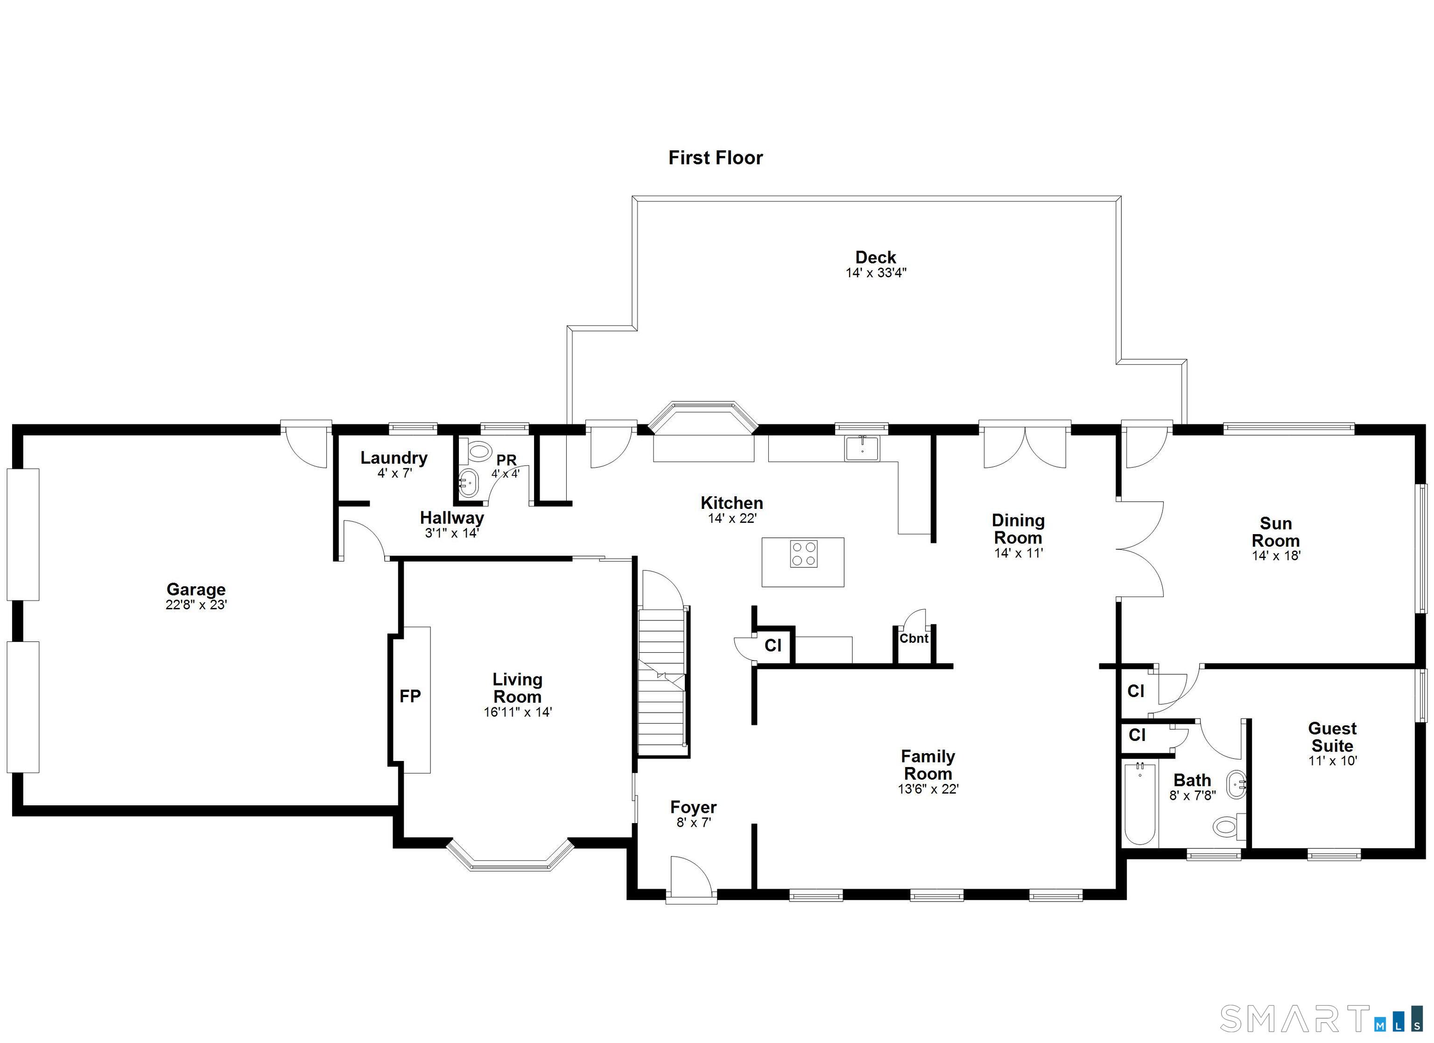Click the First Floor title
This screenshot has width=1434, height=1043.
tap(716, 157)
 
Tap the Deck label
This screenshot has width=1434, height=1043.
tap(876, 257)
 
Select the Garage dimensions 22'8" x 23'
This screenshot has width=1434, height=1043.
tap(196, 605)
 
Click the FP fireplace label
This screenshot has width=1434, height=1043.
tap(410, 697)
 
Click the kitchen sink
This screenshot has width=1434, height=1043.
tap(863, 449)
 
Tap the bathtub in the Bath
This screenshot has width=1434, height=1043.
tap(1141, 804)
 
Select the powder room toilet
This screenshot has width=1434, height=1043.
tap(478, 451)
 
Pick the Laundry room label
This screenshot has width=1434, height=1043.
tap(394, 458)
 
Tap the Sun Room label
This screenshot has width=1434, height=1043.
tap(1276, 532)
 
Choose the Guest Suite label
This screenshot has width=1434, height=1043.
tap(1332, 737)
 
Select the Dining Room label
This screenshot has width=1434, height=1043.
tap(1018, 529)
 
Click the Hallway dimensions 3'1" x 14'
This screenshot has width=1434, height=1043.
tap(452, 533)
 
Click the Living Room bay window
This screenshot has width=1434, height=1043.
tap(510, 855)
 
